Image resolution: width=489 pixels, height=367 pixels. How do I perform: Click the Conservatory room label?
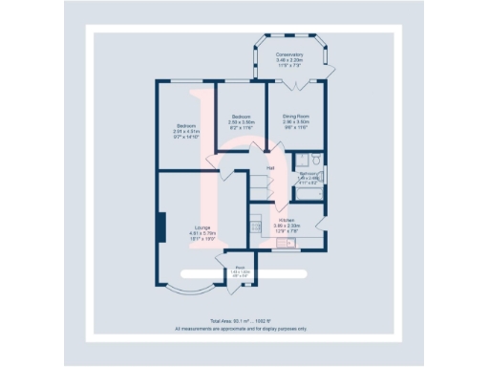tap(288, 54)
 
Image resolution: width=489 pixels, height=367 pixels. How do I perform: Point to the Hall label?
tap(270, 169)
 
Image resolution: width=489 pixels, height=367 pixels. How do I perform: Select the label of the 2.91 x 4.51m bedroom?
tap(185, 126)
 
